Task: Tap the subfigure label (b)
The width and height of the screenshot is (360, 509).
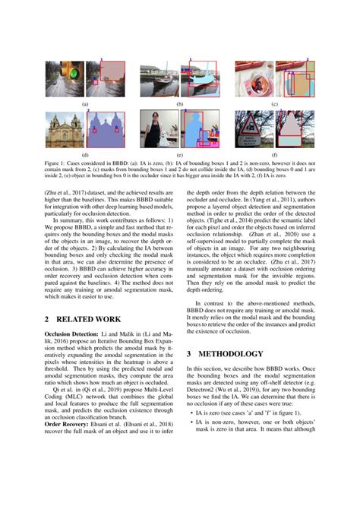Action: (x=180, y=104)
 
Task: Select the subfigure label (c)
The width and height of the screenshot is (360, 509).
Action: (x=274, y=104)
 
